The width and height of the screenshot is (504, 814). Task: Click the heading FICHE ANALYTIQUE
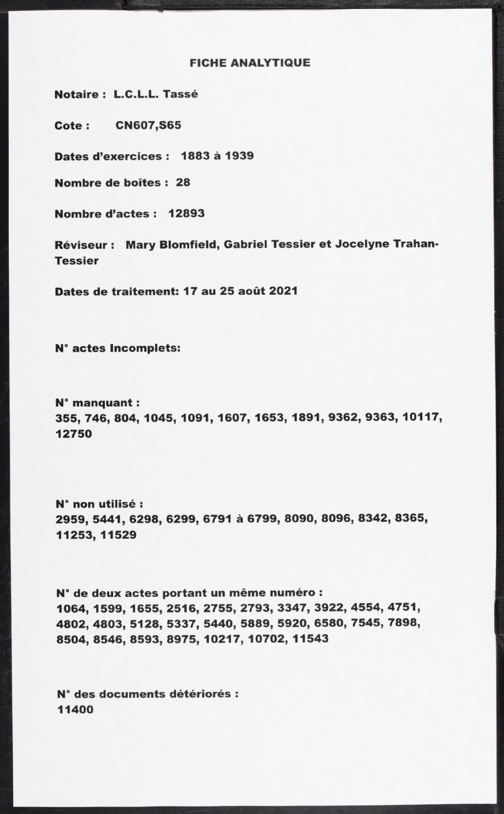click(250, 63)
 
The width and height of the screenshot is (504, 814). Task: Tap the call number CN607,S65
click(148, 125)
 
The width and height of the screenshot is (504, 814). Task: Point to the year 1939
click(239, 156)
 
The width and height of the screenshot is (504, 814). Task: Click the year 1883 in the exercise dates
click(196, 156)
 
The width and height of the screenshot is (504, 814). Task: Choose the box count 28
click(183, 182)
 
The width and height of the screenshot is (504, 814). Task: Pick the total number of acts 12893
click(186, 213)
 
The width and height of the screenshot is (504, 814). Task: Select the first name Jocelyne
click(361, 244)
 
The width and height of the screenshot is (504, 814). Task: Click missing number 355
click(66, 418)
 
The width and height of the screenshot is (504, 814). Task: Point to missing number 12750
click(74, 434)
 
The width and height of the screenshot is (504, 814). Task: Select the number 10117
click(421, 418)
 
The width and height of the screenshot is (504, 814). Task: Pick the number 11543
click(310, 639)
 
